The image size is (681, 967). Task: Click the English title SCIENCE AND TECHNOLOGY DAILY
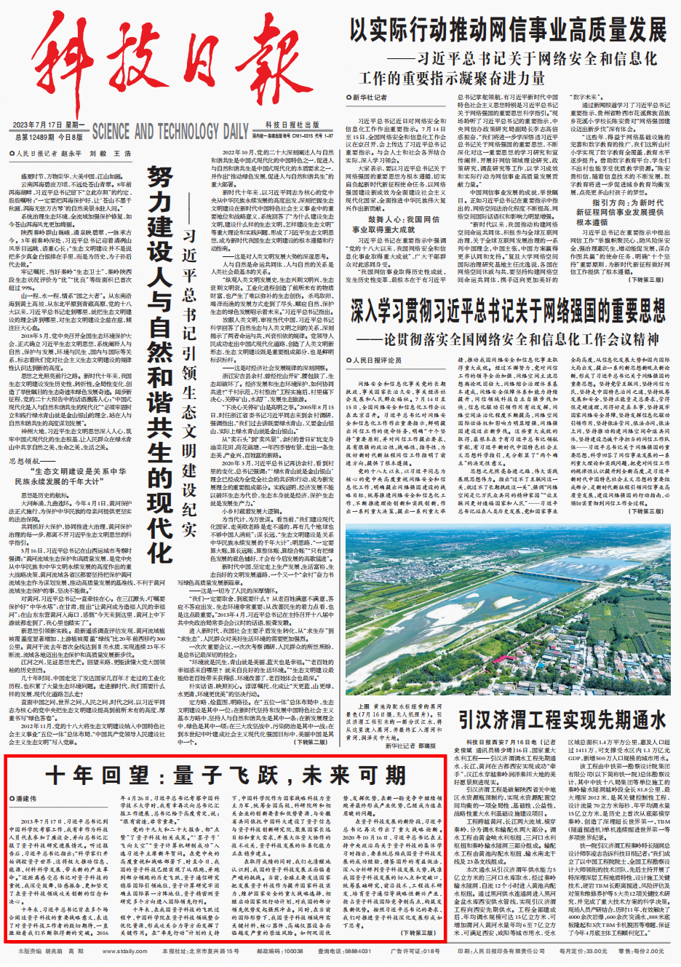tap(170, 132)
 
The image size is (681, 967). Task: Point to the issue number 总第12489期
tap(34, 137)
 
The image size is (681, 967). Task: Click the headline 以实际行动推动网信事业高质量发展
tap(508, 30)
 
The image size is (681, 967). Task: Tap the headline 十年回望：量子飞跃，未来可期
tap(226, 775)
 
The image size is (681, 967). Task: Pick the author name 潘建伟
tap(26, 799)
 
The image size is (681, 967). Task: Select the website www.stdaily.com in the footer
tap(124, 952)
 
